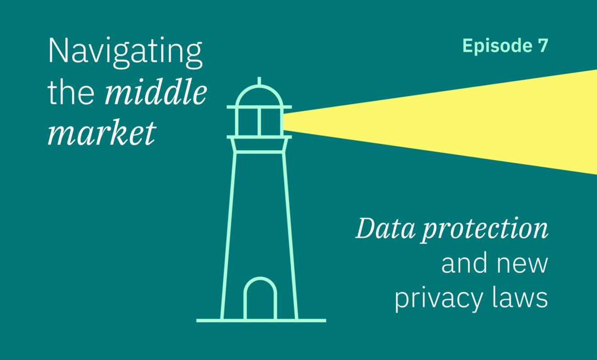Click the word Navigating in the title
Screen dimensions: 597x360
[x=125, y=53]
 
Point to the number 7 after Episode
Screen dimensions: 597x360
[x=543, y=46]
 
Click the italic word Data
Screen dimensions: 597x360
[x=385, y=228]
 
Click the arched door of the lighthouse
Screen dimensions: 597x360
[x=260, y=298]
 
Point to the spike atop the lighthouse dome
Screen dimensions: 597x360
[x=259, y=81]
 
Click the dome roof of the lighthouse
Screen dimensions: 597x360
[x=259, y=96]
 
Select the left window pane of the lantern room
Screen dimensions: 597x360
[x=248, y=122]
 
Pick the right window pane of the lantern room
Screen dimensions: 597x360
[x=271, y=122]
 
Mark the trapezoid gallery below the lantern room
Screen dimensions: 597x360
[x=259, y=145]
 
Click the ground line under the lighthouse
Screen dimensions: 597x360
[x=261, y=320]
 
